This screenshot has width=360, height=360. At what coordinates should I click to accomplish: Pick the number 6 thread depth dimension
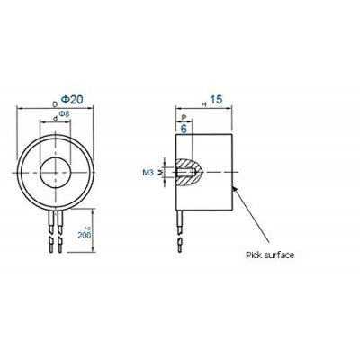pos(184,128)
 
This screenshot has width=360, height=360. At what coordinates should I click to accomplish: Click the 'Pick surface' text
pos(270,255)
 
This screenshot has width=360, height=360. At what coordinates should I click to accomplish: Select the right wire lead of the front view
pos(59,232)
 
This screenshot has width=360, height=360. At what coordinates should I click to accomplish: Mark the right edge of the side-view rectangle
pos(234,171)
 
